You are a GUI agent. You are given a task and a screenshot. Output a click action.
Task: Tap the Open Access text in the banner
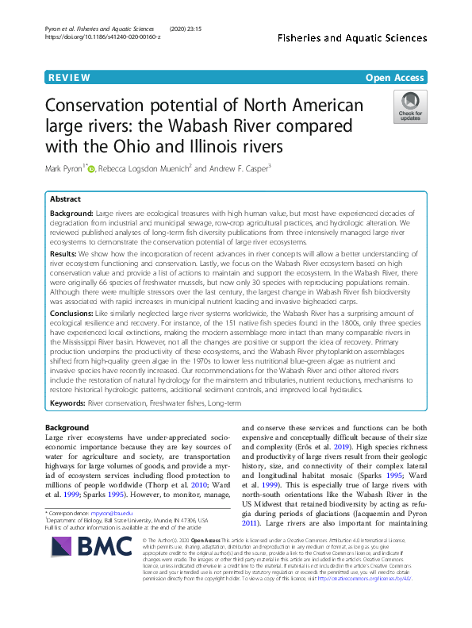pyautogui.click(x=396, y=78)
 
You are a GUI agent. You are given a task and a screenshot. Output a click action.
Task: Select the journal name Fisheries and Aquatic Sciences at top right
pyautogui.click(x=358, y=37)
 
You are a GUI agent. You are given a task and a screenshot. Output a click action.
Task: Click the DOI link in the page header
pyautogui.click(x=103, y=37)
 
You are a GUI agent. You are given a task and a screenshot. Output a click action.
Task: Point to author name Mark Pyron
pyautogui.click(x=64, y=168)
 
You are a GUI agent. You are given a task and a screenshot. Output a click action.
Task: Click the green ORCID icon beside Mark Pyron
pyautogui.click(x=91, y=168)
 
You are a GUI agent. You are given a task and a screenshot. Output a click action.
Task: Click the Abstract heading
pyautogui.click(x=67, y=199)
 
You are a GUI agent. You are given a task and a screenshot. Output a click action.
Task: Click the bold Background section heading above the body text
pyautogui.click(x=67, y=428)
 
